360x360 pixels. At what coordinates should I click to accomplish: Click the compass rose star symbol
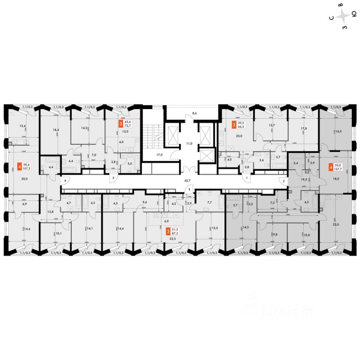coord(342,16)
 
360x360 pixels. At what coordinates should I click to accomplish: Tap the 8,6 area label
coord(194,112)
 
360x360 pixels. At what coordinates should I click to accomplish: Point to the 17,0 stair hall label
coord(159,154)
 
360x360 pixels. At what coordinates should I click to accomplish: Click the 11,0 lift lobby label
coord(190,143)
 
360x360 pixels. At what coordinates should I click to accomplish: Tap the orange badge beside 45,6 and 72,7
coord(120,123)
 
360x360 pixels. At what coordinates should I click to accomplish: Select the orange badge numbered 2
coord(234,125)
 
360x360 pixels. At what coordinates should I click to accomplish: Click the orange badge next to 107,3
coord(19,166)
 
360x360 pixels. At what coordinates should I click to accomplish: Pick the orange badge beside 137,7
coord(331,166)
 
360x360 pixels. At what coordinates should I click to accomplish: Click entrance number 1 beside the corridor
coord(247,178)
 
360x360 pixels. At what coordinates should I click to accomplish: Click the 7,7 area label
coord(210,202)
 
